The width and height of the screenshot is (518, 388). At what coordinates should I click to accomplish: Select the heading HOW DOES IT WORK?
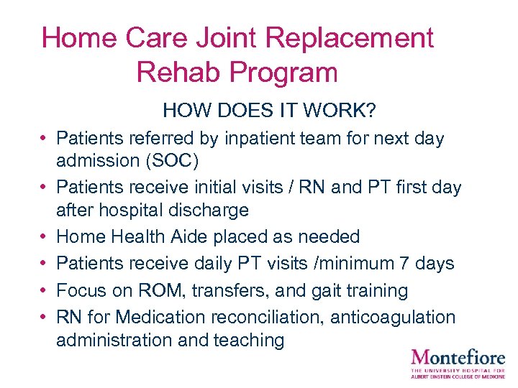pyautogui.click(x=270, y=111)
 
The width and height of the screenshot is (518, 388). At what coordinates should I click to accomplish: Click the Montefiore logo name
pyautogui.click(x=458, y=356)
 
